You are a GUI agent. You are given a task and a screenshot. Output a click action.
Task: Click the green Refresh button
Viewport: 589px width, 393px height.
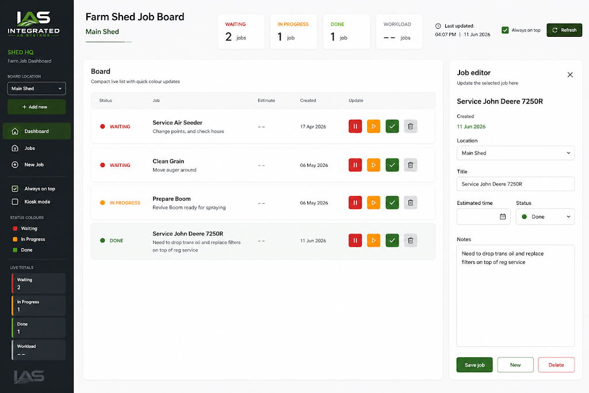[x=564, y=30]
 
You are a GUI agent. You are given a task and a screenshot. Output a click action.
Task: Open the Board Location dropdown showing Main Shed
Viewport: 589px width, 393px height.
[x=36, y=88]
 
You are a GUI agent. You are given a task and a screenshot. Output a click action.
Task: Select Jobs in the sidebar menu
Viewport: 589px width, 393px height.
[x=29, y=148]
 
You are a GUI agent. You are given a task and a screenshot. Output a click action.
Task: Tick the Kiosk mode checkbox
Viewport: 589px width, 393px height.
[x=15, y=202]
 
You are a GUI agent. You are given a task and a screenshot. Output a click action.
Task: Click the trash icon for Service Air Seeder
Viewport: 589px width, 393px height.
[x=410, y=126]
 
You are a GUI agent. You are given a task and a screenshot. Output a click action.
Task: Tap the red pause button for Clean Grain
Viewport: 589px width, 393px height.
[x=355, y=165]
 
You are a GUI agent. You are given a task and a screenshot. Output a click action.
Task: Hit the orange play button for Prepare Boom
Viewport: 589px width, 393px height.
[x=373, y=203]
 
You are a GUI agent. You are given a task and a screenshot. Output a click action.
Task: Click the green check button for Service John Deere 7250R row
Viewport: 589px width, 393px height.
[x=392, y=241]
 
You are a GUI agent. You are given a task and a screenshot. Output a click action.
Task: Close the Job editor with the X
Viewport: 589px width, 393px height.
[x=570, y=75]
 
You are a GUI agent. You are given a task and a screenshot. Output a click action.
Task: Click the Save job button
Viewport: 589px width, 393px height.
[x=475, y=365]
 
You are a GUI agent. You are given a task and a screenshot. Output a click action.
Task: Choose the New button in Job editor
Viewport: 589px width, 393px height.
[x=515, y=365]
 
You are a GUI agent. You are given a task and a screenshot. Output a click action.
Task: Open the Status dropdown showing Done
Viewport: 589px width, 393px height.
[x=545, y=217]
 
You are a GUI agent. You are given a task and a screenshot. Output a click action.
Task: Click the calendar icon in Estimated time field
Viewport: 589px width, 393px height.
[x=503, y=217]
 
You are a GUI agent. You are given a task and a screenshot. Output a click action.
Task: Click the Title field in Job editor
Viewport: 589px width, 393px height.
[x=515, y=184]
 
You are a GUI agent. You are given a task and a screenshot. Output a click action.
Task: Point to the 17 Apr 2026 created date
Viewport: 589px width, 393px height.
[x=313, y=127]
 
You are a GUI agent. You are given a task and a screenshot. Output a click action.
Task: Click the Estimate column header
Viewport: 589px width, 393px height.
[x=266, y=100]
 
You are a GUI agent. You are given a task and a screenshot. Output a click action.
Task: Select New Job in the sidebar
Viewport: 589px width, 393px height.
[x=34, y=165]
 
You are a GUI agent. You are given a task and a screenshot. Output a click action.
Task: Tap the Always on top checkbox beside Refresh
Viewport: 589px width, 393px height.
[x=505, y=30]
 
